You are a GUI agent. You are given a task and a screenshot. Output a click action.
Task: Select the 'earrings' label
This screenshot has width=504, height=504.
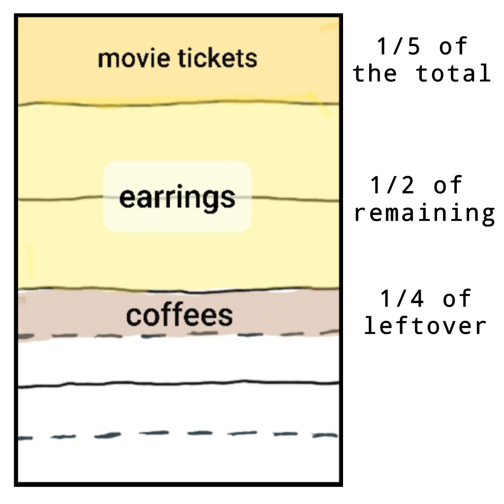pos(177,197)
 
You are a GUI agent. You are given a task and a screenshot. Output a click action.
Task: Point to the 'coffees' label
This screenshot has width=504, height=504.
pos(179,315)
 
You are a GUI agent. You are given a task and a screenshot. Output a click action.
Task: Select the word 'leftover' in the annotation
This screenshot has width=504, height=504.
pos(425,326)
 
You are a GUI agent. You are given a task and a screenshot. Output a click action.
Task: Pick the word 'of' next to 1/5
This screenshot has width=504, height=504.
pos(453,47)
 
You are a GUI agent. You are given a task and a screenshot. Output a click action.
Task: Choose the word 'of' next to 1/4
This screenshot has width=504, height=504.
pos(457,299)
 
